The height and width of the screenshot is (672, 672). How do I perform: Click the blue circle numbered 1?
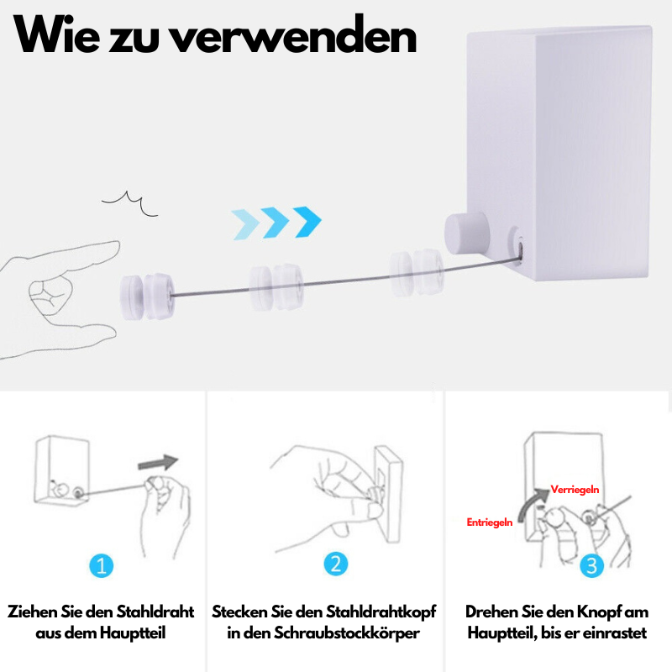(101, 565)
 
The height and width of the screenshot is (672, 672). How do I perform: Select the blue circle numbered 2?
(335, 565)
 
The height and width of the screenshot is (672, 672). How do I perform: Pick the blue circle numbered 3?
(593, 565)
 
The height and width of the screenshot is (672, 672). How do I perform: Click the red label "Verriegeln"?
(575, 489)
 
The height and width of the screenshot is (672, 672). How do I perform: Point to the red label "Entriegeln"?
(490, 522)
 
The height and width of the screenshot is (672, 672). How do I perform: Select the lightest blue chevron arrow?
(246, 223)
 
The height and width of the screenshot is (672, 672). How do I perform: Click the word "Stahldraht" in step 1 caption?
(154, 612)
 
